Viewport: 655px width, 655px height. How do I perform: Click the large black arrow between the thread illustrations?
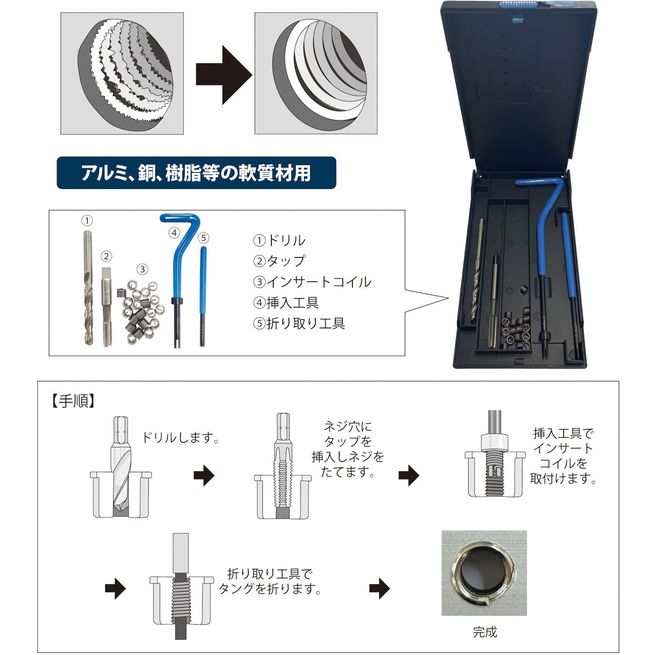click(x=223, y=75)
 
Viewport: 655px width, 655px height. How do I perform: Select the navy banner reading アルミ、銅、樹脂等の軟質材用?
click(x=196, y=173)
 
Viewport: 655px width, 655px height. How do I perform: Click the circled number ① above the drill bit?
click(x=87, y=221)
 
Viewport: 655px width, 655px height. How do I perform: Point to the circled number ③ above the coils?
click(x=142, y=270)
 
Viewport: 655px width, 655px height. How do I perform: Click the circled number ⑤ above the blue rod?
click(x=203, y=238)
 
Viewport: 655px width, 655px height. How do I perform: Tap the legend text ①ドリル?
click(x=280, y=241)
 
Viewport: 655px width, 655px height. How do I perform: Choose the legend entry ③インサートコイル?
click(x=313, y=282)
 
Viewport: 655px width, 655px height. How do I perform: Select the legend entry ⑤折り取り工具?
click(x=299, y=323)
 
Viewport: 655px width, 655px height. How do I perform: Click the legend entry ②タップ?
click(x=280, y=261)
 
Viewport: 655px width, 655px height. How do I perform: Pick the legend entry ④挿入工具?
click(x=286, y=303)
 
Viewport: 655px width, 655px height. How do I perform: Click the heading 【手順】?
click(x=73, y=401)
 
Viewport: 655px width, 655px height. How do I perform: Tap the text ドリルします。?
click(x=180, y=437)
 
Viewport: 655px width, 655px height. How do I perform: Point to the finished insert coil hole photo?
click(x=484, y=573)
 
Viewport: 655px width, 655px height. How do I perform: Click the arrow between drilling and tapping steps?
click(x=204, y=475)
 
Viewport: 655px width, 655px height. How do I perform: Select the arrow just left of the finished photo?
click(x=380, y=589)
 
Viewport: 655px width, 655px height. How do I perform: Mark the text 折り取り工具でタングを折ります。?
click(x=270, y=582)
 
